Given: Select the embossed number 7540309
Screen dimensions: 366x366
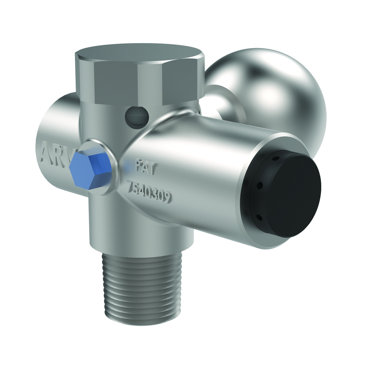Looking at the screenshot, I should (148, 192).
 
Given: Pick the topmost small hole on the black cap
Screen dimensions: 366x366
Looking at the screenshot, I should (276, 158).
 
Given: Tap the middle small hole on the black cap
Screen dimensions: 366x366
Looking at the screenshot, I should (260, 185).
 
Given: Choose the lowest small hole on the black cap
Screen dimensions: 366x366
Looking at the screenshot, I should (259, 217).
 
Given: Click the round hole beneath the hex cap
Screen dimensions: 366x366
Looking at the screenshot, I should (137, 117).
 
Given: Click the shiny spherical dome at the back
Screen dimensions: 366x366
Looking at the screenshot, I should (271, 88).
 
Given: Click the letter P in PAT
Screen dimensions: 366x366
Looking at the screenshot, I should (139, 166).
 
